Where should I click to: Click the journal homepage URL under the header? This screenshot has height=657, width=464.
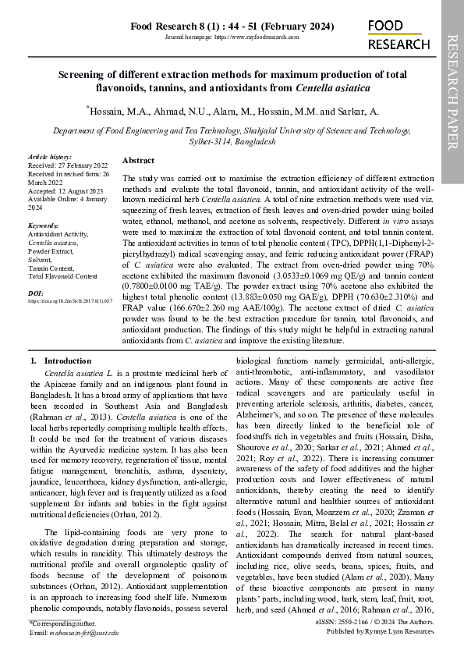[x=232, y=37]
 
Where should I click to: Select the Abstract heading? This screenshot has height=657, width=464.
[x=138, y=159]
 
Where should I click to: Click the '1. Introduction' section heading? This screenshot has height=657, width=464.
[x=61, y=361]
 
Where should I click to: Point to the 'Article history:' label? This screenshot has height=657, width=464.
[x=49, y=158]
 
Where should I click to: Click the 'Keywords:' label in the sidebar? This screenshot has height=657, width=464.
[x=44, y=226]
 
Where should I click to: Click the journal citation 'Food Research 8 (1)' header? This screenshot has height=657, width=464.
[x=232, y=27]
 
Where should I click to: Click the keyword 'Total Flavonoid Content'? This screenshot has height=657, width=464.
[x=62, y=276]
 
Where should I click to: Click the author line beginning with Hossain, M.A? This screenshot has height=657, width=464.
[x=233, y=112]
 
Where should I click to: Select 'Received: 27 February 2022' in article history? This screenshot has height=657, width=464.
[x=68, y=165]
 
